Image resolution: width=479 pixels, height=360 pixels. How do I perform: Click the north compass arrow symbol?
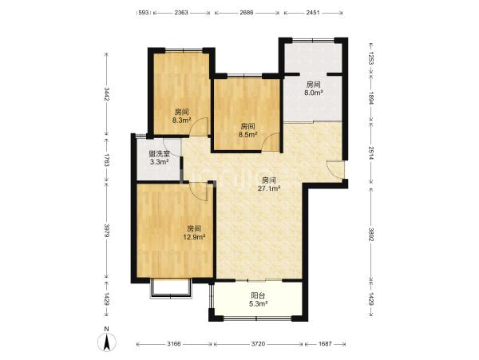[107, 342]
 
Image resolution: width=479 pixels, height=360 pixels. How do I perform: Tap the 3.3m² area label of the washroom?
[160, 162]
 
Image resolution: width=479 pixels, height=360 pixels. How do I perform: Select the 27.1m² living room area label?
[269, 188]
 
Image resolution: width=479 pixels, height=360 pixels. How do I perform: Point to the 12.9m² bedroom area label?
[194, 236]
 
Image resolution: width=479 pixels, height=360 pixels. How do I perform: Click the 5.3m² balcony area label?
[258, 303]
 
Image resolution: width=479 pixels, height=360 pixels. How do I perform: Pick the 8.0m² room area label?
[314, 93]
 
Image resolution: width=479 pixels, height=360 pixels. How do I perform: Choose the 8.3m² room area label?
[181, 120]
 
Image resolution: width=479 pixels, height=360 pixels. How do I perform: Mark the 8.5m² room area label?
[247, 134]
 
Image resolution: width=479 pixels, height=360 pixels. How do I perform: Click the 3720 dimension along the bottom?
[258, 344]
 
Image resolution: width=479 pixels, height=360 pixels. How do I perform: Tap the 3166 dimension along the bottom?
[174, 344]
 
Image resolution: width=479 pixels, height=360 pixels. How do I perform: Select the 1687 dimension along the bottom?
[325, 344]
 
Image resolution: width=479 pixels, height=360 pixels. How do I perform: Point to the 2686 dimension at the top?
[247, 13]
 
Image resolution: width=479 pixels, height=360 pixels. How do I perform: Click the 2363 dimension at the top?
[181, 13]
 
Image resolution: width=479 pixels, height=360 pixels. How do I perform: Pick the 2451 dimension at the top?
[312, 13]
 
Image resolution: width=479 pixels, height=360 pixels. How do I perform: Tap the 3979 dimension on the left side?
[106, 231]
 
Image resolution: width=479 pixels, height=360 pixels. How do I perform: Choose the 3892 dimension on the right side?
[371, 234]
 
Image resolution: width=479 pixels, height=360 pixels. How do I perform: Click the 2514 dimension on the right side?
[371, 153]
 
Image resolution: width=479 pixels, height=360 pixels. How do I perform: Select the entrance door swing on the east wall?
[335, 168]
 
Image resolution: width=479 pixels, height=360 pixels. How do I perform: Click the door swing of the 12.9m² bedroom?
[199, 192]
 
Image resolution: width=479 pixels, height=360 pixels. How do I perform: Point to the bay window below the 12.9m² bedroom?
[171, 288]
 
